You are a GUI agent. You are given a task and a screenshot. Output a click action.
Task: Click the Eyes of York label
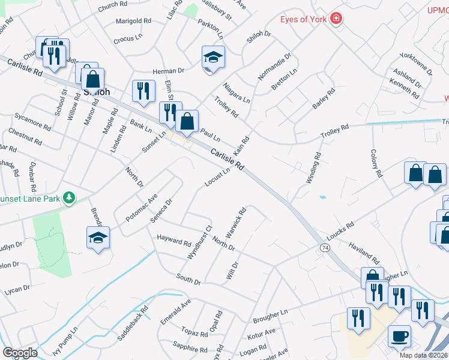coord(304,19)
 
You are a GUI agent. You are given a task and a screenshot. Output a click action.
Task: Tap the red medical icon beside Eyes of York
coord(336,19)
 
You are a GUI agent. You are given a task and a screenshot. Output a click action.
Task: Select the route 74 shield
coord(325,247)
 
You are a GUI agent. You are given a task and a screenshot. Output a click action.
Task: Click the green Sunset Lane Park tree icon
coord(70,197)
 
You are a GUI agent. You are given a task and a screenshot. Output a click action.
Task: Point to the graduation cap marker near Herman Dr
coord(213,58)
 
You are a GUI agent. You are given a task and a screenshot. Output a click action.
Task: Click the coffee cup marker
coord(399,336)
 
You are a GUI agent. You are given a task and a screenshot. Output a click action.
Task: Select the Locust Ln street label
coord(217,176)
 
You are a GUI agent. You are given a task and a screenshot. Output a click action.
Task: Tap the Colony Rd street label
coord(376,164)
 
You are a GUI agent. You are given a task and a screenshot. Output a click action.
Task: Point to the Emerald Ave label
coord(175,311)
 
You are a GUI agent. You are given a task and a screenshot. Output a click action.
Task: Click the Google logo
coord(20,353)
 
